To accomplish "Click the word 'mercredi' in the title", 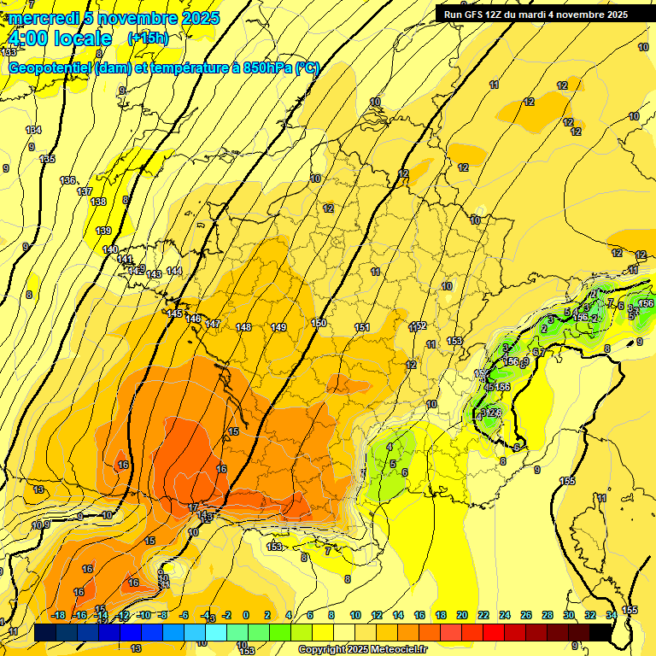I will tap(44, 18).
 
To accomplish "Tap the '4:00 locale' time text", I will tap(59, 38).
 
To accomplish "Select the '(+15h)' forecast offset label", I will tap(148, 38).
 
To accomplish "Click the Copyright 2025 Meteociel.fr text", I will tap(363, 650).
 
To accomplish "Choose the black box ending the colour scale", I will tap(600, 631).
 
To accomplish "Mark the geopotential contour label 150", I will tap(319, 323).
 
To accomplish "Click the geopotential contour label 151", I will tap(362, 328).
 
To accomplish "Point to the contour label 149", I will tap(278, 327).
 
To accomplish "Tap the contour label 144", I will tap(174, 271).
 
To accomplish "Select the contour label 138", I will tap(98, 202).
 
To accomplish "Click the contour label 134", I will tap(33, 130).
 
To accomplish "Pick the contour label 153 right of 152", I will tap(454, 341).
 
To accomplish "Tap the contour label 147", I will tap(213, 324).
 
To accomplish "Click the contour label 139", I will tap(103, 231).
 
